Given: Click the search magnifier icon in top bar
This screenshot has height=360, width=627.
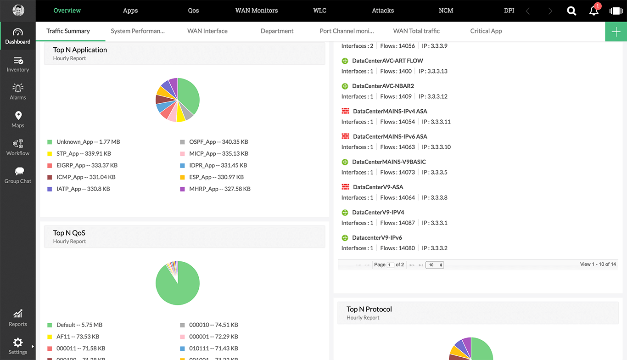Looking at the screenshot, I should pyautogui.click(x=571, y=11).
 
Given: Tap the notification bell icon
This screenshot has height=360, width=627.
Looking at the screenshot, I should pyautogui.click(x=594, y=11).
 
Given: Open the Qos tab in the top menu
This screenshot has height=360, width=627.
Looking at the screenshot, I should pyautogui.click(x=193, y=11).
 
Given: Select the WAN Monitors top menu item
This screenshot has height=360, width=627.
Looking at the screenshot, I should pyautogui.click(x=257, y=11).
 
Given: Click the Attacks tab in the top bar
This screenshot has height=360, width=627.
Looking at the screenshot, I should pyautogui.click(x=383, y=11).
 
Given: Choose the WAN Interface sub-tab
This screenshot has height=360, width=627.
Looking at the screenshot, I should pyautogui.click(x=207, y=31).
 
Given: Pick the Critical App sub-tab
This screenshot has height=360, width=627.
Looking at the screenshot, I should pyautogui.click(x=486, y=31).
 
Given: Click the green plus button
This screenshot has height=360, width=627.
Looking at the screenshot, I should pyautogui.click(x=616, y=32).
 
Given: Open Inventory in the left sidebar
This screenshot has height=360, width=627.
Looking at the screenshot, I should pyautogui.click(x=18, y=64).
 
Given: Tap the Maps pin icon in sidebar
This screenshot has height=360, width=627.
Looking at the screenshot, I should pyautogui.click(x=18, y=116).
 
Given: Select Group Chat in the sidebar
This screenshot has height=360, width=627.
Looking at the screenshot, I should pyautogui.click(x=18, y=175).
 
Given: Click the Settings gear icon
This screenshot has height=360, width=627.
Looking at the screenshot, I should pyautogui.click(x=18, y=343).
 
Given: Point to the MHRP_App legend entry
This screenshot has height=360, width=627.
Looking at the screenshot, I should pyautogui.click(x=219, y=189).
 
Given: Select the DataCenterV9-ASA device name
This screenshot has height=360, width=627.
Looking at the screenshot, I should pyautogui.click(x=378, y=187).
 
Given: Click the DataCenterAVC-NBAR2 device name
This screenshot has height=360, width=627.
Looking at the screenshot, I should pyautogui.click(x=383, y=86).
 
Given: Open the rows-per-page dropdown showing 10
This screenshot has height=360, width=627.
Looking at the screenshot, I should pyautogui.click(x=434, y=265).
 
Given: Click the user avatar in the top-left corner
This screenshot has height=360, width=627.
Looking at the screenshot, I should pyautogui.click(x=18, y=11).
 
